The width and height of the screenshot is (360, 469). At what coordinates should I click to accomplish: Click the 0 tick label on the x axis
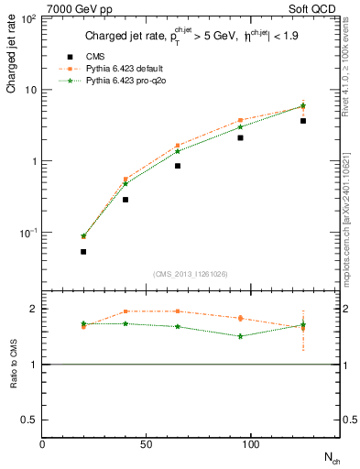click(43, 444)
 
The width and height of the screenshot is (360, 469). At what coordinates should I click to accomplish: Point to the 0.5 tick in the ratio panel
click(30, 420)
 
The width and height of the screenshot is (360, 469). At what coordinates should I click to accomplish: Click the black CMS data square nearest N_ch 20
click(83, 251)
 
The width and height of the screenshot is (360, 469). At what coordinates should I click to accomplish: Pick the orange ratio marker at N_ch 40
click(125, 311)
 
